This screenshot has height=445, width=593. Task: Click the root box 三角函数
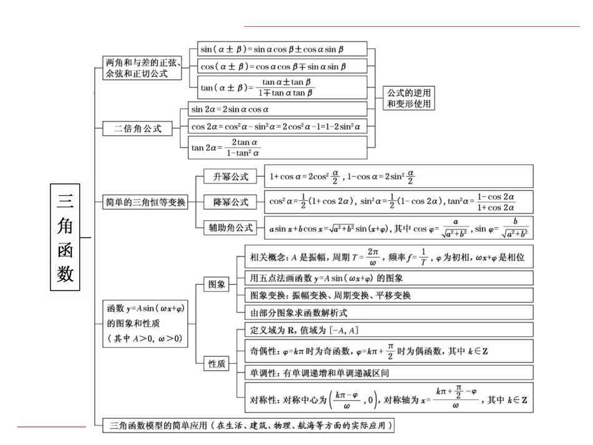tap(66, 238)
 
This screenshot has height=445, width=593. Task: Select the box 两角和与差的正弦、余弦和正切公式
tap(143, 67)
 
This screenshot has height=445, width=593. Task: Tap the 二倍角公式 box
tap(137, 129)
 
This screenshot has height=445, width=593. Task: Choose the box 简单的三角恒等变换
tap(145, 202)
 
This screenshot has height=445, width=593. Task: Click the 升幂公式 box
tap(230, 177)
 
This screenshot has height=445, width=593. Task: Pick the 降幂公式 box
tap(230, 202)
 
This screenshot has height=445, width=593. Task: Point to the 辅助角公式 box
tap(230, 228)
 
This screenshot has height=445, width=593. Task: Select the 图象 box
tap(217, 284)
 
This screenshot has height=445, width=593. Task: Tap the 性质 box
tap(217, 363)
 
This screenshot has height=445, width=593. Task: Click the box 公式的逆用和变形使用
tap(409, 98)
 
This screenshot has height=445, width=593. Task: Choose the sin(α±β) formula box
tap(282, 49)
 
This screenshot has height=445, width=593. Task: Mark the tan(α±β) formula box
tap(282, 87)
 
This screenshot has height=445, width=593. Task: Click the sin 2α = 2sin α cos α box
tap(278, 109)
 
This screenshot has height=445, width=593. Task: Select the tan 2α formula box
tap(278, 147)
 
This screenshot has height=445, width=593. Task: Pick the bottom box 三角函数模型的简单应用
tap(249, 426)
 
